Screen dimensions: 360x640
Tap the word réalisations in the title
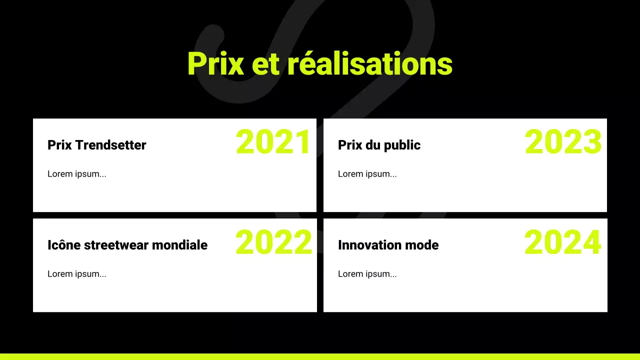coord(369,64)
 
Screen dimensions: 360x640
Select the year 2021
coord(273,142)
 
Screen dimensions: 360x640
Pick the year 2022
coord(273,242)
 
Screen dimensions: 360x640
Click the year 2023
coord(563,142)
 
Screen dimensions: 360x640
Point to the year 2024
coord(562,242)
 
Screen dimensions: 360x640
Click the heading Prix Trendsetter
coord(97,145)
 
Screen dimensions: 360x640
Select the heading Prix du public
coord(379,145)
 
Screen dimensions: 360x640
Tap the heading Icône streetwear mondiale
coord(127,245)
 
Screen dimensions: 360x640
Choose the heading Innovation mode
coord(388,245)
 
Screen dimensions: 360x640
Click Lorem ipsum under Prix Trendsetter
coord(77,174)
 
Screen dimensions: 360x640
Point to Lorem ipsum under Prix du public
coord(367,174)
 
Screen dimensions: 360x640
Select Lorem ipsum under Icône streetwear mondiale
coord(77,274)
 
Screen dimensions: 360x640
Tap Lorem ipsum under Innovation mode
coord(367,274)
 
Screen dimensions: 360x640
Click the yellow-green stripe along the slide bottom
coord(320,356)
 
